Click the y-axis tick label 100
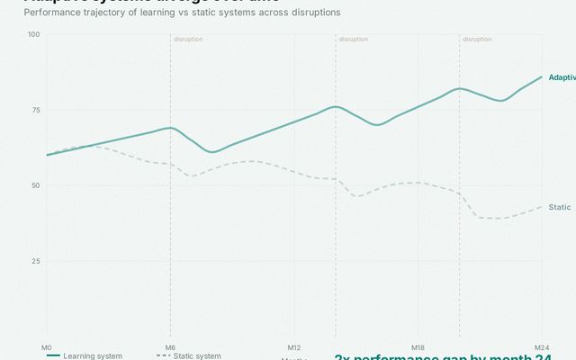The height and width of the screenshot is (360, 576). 34,34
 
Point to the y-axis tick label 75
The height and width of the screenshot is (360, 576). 36,110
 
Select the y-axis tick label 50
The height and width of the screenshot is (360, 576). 36,185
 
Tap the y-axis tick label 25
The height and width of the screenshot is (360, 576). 36,261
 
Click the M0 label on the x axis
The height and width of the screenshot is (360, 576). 46,346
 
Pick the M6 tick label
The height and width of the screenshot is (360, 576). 170,346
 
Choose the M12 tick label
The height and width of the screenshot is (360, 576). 293,346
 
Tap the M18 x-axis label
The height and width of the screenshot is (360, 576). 418,346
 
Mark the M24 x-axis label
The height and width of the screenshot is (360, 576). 542,346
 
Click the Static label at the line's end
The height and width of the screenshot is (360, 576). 560,207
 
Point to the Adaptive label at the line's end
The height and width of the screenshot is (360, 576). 562,77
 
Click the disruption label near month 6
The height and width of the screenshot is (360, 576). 188,40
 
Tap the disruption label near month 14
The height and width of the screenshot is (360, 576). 353,40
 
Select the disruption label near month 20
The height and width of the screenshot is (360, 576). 477,40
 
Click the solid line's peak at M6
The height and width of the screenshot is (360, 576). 170,128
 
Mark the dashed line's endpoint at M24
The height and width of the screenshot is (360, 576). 542,207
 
